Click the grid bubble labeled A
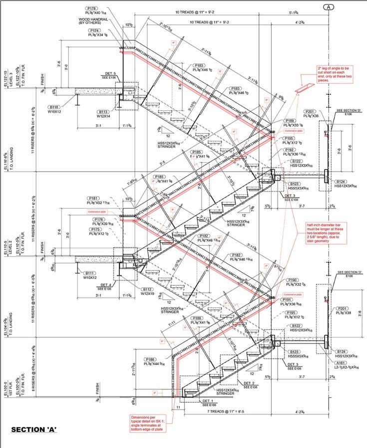(x=329, y=7)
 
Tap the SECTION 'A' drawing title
(x=34, y=429)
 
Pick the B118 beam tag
(x=54, y=107)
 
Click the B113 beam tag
(x=103, y=112)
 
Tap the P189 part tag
(x=290, y=121)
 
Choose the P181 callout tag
(x=93, y=198)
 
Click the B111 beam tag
(x=90, y=273)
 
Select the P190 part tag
(x=293, y=280)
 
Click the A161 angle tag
(x=342, y=363)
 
